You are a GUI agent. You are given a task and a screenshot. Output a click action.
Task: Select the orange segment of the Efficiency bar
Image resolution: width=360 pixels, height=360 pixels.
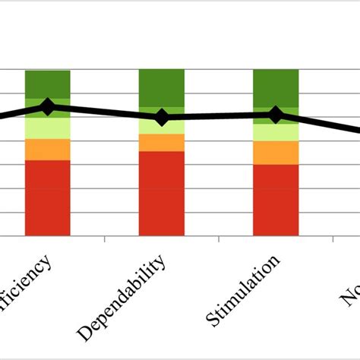pos(48,150)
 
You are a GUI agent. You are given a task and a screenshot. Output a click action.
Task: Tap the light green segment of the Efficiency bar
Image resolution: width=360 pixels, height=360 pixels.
pos(48,128)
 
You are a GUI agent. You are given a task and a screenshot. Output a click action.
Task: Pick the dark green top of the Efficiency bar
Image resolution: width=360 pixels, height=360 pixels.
pos(48,84)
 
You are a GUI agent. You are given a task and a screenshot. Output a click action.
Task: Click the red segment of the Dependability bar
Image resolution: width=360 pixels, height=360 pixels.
pos(161,194)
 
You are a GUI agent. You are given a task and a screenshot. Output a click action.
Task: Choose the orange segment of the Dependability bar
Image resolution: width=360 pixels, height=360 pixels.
pos(161,143)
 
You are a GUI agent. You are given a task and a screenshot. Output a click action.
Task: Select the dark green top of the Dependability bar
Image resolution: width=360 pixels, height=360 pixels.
pos(161,87)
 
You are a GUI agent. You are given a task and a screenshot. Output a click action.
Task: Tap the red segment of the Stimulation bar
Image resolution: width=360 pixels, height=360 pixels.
pos(275,200)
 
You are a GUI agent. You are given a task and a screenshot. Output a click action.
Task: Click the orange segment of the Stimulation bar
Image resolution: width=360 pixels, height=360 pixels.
pos(275,153)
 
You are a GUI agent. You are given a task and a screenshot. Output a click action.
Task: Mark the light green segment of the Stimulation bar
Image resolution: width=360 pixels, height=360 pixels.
pos(275,133)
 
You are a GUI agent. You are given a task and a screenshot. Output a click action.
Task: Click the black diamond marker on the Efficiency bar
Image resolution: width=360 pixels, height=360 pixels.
pos(48,107)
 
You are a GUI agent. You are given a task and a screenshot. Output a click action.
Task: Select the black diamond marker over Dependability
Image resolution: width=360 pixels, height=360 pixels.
pos(161,117)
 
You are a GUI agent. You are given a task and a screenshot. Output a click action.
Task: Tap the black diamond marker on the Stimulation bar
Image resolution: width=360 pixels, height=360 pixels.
pos(276,115)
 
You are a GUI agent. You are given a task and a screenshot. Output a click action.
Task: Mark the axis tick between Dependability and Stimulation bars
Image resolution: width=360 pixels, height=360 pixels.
pos(219,240)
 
